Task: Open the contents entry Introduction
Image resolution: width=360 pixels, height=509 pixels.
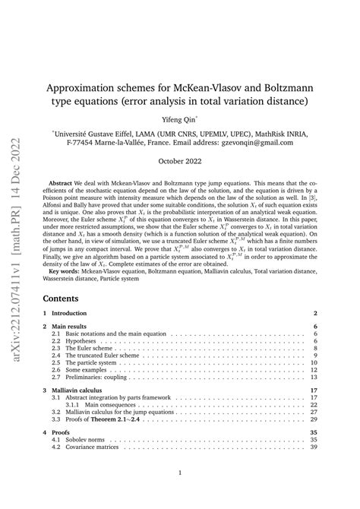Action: pos(77,314)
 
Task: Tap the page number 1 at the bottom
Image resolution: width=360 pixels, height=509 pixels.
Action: pos(178,493)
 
